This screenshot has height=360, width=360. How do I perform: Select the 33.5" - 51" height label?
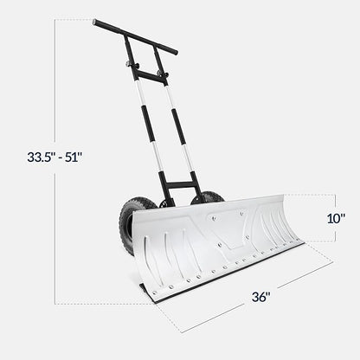(55, 157)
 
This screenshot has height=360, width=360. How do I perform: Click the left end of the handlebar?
(97, 23)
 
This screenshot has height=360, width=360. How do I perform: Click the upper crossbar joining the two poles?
(151, 77)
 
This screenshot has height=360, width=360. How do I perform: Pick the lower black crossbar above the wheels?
(180, 184)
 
